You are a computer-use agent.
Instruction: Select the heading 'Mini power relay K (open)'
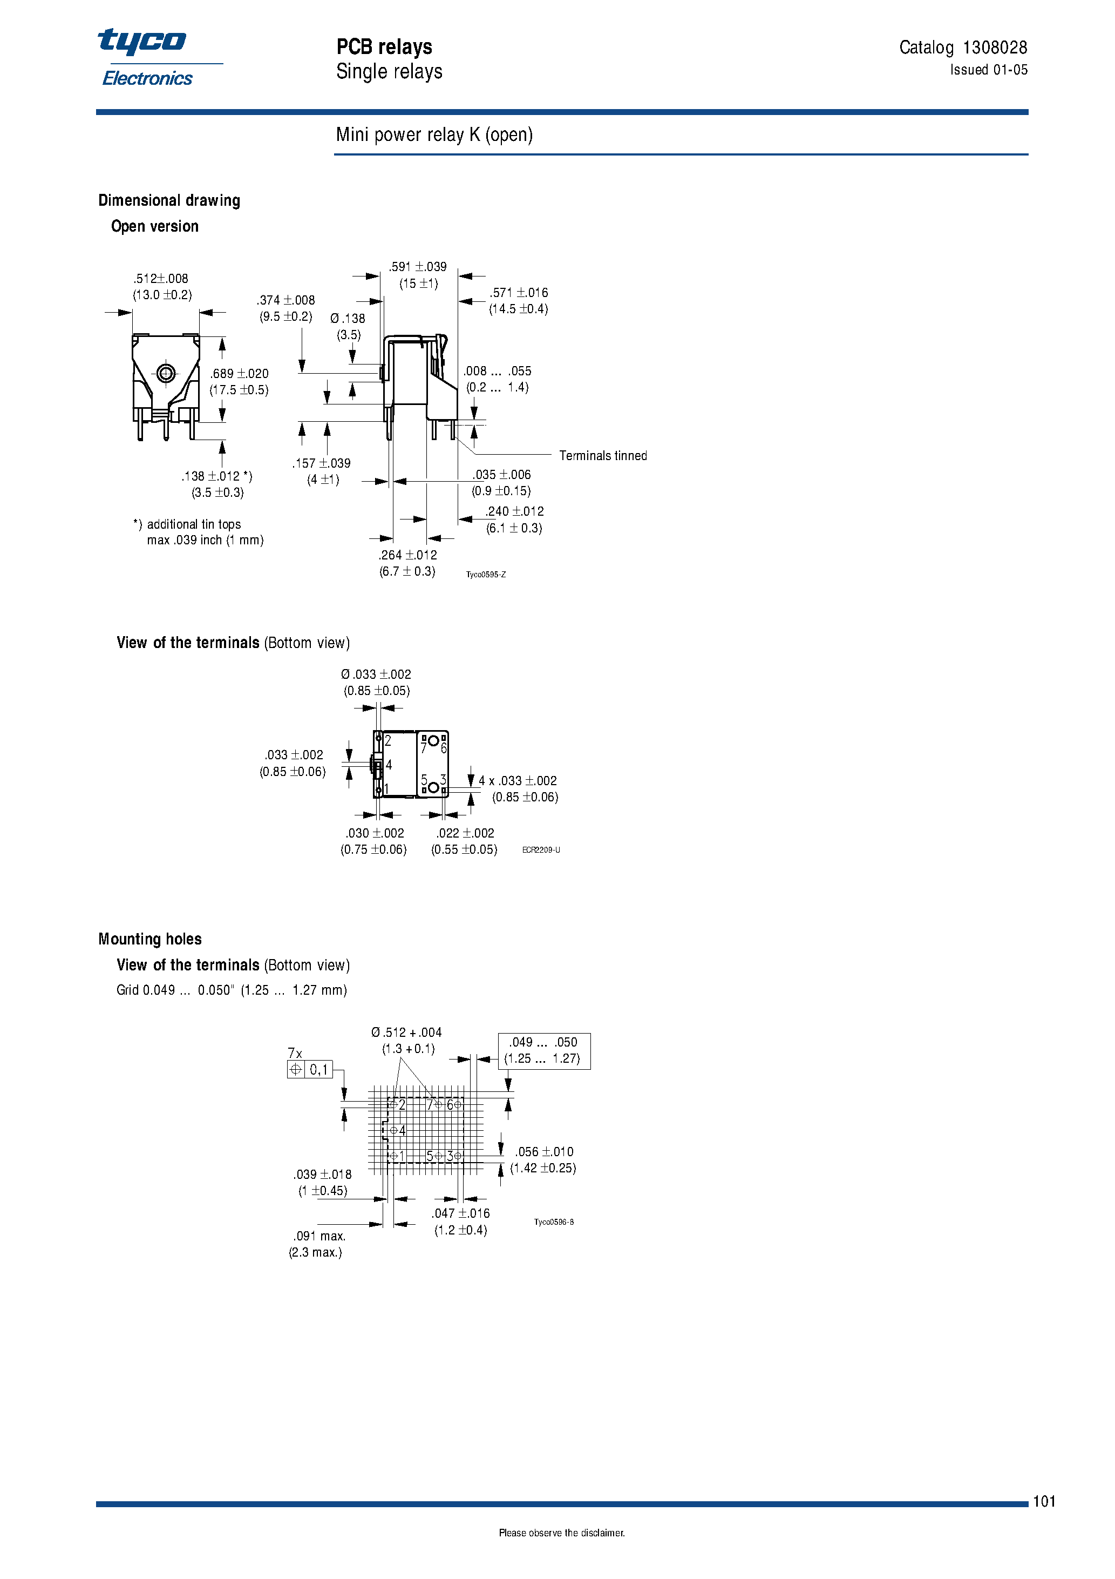[434, 135]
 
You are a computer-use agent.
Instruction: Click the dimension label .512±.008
[161, 279]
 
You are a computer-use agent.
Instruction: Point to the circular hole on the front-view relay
[166, 374]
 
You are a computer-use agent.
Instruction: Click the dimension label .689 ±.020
[239, 374]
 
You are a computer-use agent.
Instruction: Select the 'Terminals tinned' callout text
[602, 455]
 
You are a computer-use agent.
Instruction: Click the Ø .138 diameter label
[348, 319]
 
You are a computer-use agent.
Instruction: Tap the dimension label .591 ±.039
[418, 267]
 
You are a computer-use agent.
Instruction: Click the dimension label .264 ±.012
[407, 555]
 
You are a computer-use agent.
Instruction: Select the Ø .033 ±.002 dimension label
[376, 674]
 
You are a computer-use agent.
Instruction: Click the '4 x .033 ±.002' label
[518, 780]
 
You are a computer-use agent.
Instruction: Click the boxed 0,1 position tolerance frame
[310, 1069]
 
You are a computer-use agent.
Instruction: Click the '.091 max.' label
[319, 1236]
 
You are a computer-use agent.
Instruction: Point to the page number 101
[1044, 1501]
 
